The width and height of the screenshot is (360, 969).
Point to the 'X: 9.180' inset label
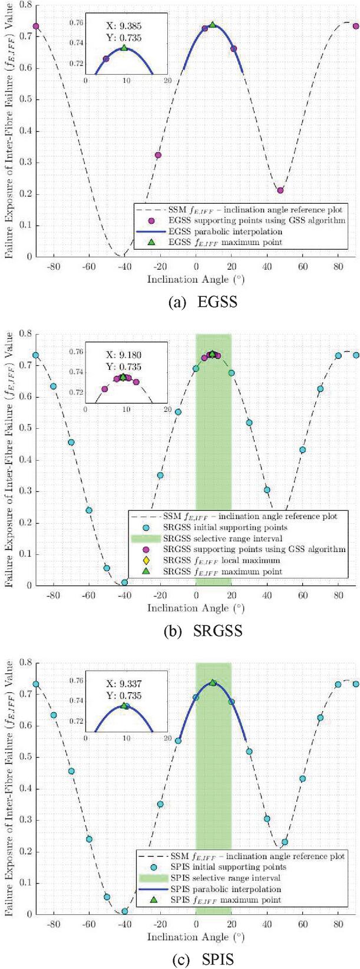point(125,355)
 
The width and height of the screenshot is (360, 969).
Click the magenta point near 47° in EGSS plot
point(280,190)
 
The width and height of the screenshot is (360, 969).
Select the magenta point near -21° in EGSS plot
point(158,156)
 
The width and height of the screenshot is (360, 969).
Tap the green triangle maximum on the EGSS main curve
point(212,25)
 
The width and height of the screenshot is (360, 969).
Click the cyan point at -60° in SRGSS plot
point(89,510)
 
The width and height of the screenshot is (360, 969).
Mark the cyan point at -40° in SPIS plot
point(124,911)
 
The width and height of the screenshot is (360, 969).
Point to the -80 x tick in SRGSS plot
point(53,596)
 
